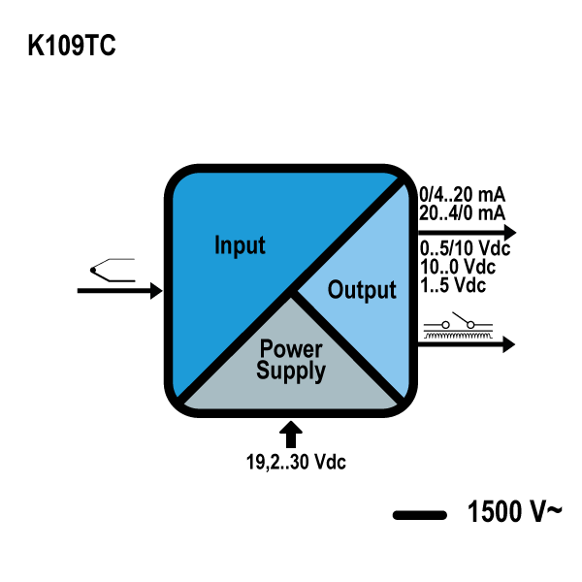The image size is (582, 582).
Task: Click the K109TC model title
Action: [x=72, y=47]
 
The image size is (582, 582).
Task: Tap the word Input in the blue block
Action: [x=239, y=244]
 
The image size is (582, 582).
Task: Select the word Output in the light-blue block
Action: [x=362, y=289]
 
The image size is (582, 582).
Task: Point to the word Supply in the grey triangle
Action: [x=291, y=371]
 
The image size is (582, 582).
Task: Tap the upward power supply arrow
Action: [x=291, y=433]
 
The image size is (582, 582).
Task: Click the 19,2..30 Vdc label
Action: [x=296, y=462]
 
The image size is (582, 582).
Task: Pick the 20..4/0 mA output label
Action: [x=461, y=211]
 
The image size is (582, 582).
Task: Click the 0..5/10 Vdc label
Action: [x=465, y=249]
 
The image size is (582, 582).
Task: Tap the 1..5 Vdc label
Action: [x=453, y=285]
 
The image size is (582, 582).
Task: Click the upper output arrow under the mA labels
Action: [x=467, y=232]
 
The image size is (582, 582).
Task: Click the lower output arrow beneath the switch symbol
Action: [x=467, y=343]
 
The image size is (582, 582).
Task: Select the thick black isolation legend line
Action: [x=419, y=514]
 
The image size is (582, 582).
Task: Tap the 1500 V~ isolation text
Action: [x=514, y=512]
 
